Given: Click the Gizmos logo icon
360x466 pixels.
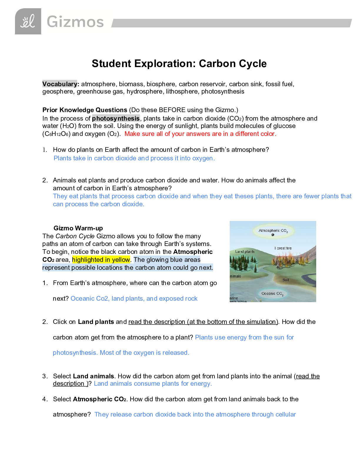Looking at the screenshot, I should pos(28,21).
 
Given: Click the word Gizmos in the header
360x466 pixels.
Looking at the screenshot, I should pos(75,22).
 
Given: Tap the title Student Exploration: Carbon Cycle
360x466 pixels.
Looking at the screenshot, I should pos(179,64).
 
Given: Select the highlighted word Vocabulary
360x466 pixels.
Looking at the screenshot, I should pos(60,84).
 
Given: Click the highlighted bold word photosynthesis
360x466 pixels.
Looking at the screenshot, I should pos(116,118).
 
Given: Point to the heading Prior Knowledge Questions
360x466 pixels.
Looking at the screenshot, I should pos(85,110).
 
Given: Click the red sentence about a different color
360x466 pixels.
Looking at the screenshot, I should pos(200,134).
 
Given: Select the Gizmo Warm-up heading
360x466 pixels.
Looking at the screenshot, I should pos(78,228).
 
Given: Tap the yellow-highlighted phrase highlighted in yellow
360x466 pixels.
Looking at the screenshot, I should pos(101,259).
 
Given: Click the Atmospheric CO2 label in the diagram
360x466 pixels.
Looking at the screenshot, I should pos(273,231).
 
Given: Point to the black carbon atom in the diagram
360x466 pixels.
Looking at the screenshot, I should pos(273,235).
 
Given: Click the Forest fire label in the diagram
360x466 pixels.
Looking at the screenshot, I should pos(283,248).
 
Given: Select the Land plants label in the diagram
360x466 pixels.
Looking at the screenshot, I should pos(245,251).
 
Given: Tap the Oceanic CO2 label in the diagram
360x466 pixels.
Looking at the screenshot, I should pos(272,293).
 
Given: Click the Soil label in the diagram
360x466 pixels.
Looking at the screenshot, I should pos(286,280).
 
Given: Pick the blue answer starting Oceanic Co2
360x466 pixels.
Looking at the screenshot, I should pos(134,298).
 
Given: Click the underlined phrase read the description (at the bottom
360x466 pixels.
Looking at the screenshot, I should pos(203,322).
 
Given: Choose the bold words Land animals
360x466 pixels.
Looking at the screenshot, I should pos(94,376).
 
